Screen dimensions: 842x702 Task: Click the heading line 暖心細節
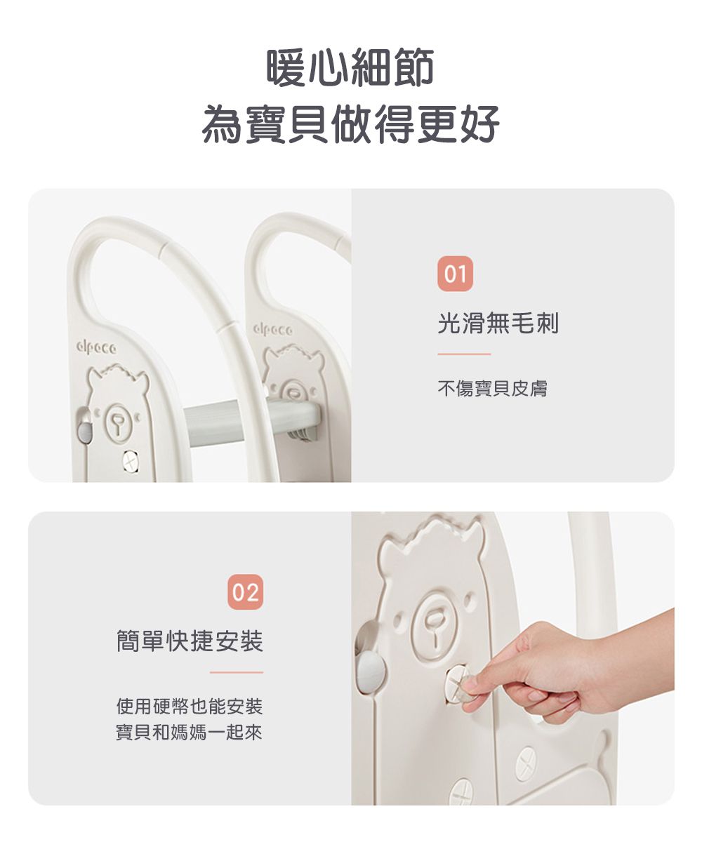tap(350, 68)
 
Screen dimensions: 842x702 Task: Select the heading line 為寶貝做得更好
tap(350, 124)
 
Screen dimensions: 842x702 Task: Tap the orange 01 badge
tap(455, 274)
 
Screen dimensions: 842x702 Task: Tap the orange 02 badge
tap(245, 592)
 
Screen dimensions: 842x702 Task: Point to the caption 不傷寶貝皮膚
tap(492, 388)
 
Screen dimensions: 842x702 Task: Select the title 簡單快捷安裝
tap(190, 641)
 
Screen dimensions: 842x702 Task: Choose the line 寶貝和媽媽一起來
tap(190, 733)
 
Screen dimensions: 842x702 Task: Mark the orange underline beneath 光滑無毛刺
tap(464, 354)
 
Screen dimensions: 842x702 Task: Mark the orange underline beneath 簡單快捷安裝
tap(236, 672)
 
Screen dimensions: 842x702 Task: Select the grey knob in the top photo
tap(85, 426)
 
